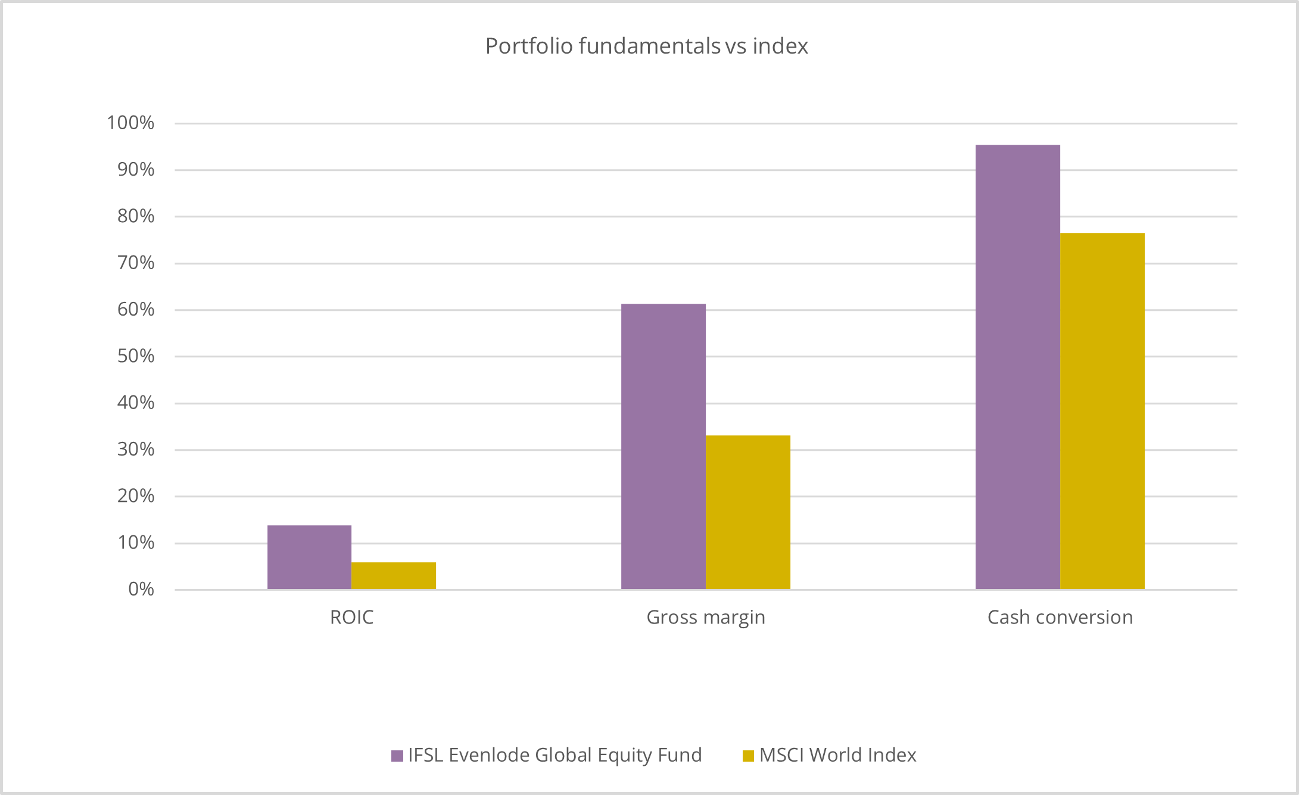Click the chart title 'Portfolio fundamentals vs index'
coord(646,46)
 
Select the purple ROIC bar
coord(309,557)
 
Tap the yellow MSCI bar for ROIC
coord(394,575)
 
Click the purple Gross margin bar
coord(663,447)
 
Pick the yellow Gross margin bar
coord(747,512)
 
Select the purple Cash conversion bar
coord(1017,367)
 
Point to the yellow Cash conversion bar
coord(1102,411)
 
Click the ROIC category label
coord(351,617)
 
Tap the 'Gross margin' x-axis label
coord(706,617)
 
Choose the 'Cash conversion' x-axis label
coord(1060,617)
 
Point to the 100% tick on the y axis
coord(130,123)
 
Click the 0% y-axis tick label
coord(141,589)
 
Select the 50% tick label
coord(136,356)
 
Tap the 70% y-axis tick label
coord(136,263)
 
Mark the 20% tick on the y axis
coord(136,495)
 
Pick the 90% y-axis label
coord(136,170)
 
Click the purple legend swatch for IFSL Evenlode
coord(397,756)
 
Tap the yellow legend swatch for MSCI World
coord(749,756)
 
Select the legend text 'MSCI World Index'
coord(837,755)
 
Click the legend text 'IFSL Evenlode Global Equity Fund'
coord(555,755)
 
